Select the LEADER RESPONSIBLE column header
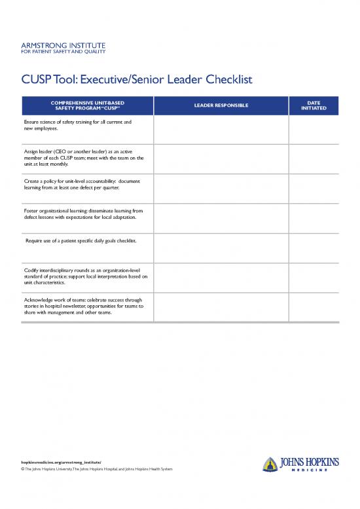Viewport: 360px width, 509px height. [221, 105]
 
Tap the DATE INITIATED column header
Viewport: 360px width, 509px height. [314, 105]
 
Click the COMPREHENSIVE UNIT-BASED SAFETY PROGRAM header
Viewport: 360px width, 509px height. [87, 105]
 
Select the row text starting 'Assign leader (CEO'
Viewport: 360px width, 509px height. [83, 158]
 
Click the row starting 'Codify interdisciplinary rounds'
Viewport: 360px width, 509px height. [85, 274]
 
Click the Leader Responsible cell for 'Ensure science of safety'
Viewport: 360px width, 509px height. [221, 130]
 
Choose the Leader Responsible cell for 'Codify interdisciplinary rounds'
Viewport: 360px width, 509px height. [221, 278]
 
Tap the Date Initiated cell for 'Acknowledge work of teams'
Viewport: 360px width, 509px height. [314, 307]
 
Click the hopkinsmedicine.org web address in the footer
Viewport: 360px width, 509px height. [62, 461]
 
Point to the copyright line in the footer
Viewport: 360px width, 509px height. [97, 470]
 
